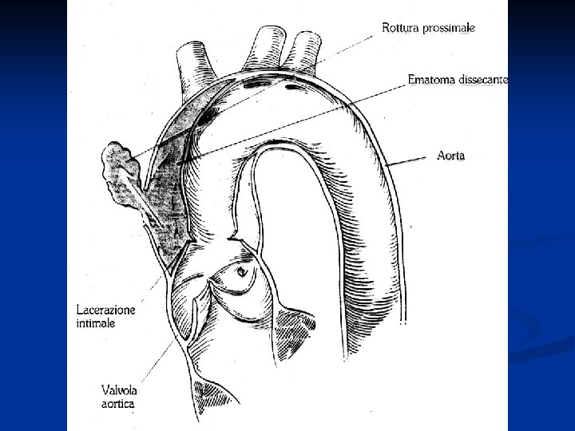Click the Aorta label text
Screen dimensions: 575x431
tap(450, 157)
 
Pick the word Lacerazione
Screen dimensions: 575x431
tap(106, 310)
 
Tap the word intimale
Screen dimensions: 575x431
tap(96, 323)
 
